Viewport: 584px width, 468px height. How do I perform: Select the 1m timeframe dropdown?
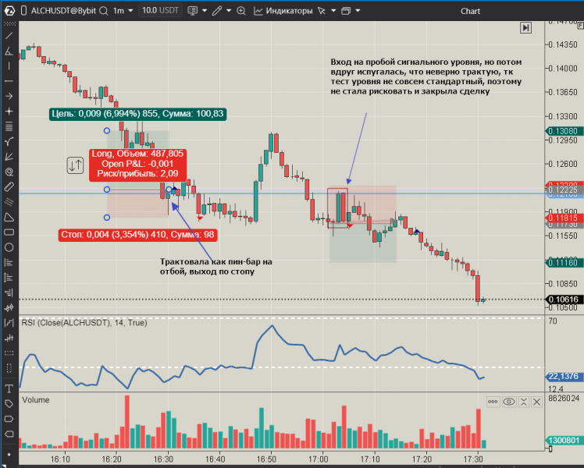tap(122, 11)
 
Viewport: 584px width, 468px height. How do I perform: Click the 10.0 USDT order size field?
tap(161, 11)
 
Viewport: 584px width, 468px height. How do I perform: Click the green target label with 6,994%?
tap(137, 114)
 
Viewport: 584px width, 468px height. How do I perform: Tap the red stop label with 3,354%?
tap(138, 234)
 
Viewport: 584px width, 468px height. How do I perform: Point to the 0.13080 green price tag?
tap(561, 131)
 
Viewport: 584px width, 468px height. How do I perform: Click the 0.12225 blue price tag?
tap(561, 190)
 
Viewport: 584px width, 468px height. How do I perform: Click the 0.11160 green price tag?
tap(561, 264)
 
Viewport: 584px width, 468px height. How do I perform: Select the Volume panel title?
tap(36, 399)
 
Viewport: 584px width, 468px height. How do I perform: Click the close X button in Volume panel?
tap(536, 402)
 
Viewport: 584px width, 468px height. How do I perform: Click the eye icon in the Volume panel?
tap(509, 402)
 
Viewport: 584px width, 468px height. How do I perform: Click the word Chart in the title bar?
tap(470, 11)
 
